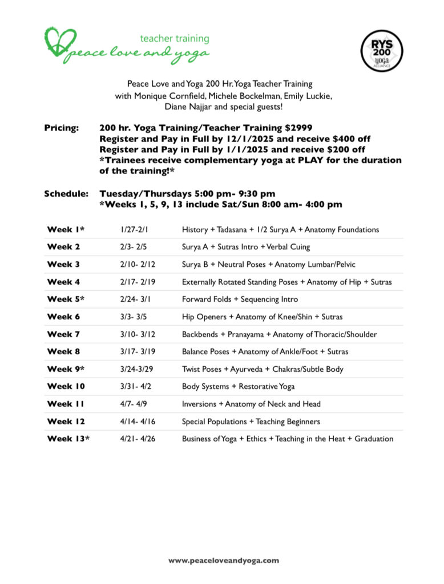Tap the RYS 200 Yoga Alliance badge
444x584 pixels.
click(x=382, y=50)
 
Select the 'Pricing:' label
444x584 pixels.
click(x=62, y=128)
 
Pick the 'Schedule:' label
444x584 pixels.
click(x=66, y=194)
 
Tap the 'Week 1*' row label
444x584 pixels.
click(x=66, y=229)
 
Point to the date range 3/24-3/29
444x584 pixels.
click(x=137, y=369)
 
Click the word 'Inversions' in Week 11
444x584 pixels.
click(x=199, y=404)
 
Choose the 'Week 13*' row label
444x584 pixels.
click(x=68, y=439)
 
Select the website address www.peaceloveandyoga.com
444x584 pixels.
click(x=223, y=561)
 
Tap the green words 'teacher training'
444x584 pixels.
click(x=175, y=39)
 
